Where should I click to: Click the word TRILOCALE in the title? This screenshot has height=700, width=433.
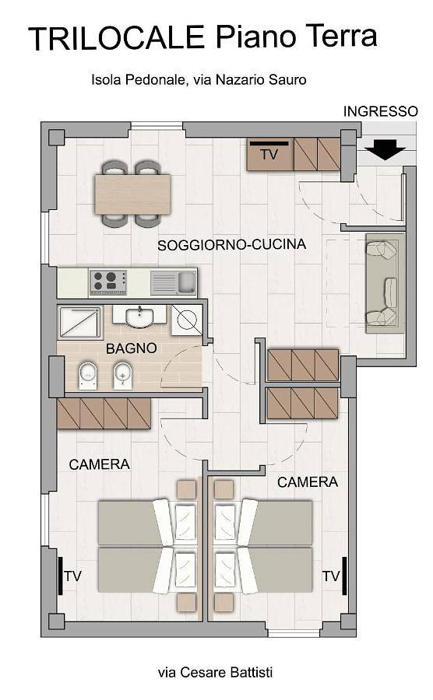(x=118, y=37)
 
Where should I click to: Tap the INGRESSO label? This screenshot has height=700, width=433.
(x=381, y=111)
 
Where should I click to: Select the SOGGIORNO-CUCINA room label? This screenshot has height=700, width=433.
(x=231, y=244)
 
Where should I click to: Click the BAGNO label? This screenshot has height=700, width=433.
(x=131, y=348)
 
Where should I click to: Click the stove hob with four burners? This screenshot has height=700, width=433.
(x=107, y=282)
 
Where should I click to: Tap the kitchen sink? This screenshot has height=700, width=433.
(x=174, y=282)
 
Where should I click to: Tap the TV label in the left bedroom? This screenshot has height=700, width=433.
(x=73, y=576)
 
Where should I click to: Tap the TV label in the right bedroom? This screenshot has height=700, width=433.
(x=330, y=576)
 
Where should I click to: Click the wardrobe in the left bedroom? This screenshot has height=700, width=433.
(x=104, y=413)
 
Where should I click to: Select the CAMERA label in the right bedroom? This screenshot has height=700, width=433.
(x=308, y=482)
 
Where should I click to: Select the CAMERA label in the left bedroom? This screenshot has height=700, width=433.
(x=99, y=464)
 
